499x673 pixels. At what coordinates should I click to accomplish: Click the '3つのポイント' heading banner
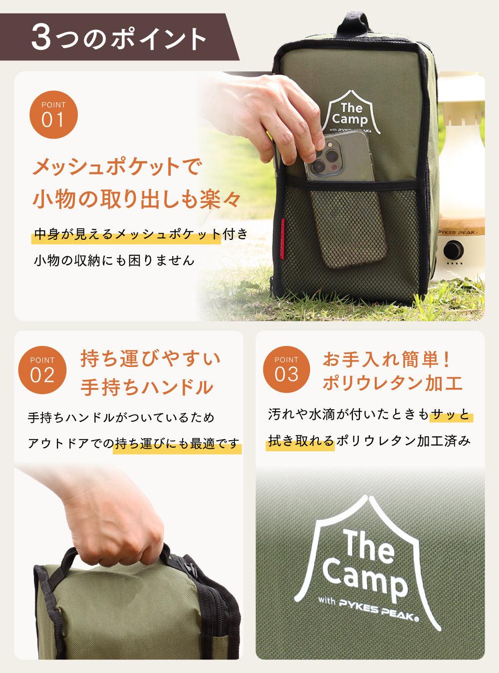(x=118, y=37)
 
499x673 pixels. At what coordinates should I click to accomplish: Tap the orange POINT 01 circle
(x=53, y=115)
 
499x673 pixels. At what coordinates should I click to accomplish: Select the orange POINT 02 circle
(x=42, y=370)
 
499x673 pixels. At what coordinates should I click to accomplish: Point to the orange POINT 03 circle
(x=286, y=369)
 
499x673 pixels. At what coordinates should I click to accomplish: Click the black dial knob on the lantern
(x=454, y=249)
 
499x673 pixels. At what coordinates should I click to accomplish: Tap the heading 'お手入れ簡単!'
(x=386, y=360)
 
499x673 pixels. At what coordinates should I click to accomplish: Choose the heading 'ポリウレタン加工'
(x=392, y=383)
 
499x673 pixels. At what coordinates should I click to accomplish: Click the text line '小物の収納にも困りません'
(x=114, y=260)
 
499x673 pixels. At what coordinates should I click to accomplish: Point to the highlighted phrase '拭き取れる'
(x=301, y=441)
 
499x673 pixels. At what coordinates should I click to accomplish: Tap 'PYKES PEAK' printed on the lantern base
(x=459, y=232)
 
